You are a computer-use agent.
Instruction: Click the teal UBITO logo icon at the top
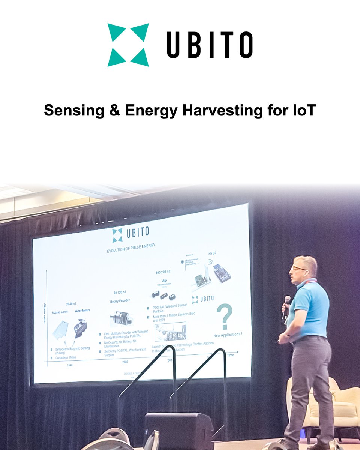(x=128, y=45)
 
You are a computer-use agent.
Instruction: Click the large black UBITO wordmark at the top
(x=210, y=45)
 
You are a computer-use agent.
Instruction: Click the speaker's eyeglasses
(x=299, y=268)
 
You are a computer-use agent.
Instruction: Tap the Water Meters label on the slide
(x=82, y=310)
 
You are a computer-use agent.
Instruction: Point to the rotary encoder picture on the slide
(x=121, y=318)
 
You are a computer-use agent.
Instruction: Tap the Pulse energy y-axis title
(x=45, y=313)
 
